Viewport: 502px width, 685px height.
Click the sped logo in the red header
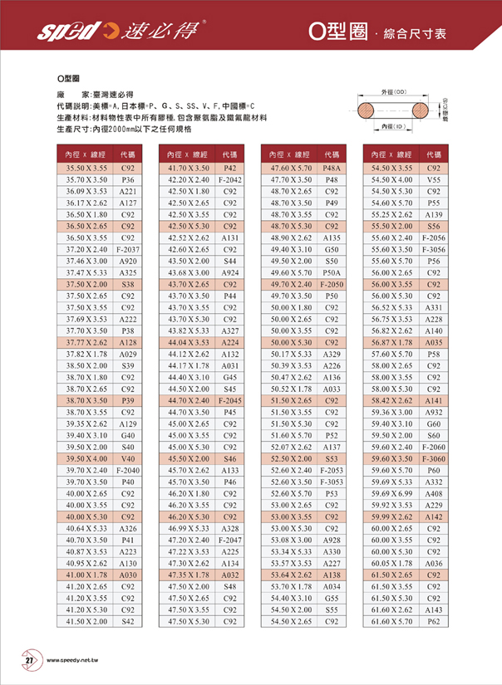(65, 32)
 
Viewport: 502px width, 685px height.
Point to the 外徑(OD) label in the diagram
(392, 91)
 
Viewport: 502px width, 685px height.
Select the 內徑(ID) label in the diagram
(392, 126)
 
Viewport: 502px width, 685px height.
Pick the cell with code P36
(128, 179)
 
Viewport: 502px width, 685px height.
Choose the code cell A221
(128, 191)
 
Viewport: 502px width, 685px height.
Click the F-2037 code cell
(128, 249)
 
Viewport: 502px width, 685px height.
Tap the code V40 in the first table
(128, 458)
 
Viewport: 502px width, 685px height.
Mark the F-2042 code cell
(229, 179)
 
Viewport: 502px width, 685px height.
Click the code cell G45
(229, 377)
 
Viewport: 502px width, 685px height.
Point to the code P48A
(332, 168)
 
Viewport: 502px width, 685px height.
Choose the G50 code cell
(332, 249)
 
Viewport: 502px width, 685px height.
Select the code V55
(433, 179)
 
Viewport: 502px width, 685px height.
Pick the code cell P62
(433, 621)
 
